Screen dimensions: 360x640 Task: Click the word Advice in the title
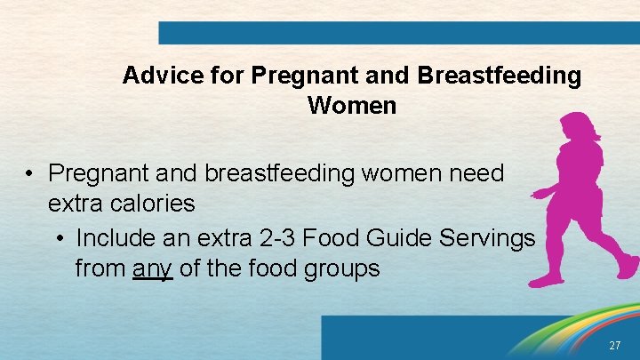153,76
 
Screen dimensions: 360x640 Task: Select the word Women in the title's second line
352,106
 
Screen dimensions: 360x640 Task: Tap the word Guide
393,238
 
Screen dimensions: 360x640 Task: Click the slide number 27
615,345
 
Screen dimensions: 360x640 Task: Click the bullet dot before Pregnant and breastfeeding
29,173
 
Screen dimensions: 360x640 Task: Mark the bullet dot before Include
58,239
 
